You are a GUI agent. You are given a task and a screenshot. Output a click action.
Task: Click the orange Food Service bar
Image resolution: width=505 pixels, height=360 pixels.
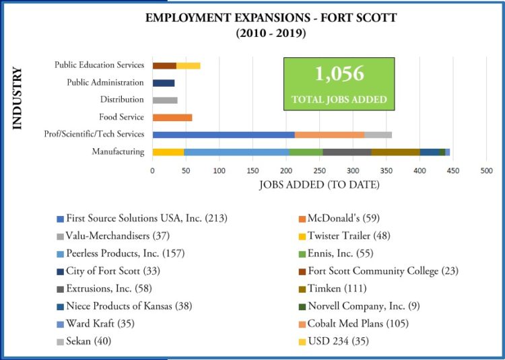click(172, 117)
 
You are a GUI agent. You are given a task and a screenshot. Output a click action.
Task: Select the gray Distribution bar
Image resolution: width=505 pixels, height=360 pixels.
click(165, 100)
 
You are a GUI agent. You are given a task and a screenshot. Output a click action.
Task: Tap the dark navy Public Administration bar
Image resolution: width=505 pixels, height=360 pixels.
click(164, 83)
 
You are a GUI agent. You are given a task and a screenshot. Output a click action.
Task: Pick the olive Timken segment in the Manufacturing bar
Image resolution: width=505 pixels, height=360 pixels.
click(395, 152)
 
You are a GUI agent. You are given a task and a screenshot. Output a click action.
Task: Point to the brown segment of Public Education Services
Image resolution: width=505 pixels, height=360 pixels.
click(164, 65)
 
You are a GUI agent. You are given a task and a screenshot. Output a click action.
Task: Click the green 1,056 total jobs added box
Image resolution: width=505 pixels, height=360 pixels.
click(339, 83)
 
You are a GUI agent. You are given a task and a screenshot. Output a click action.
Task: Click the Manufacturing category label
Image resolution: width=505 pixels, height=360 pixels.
click(118, 152)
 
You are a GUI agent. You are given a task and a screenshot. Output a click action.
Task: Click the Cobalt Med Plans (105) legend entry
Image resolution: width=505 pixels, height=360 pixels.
click(358, 324)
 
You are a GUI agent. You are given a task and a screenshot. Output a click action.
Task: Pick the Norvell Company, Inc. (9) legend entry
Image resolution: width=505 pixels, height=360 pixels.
click(364, 306)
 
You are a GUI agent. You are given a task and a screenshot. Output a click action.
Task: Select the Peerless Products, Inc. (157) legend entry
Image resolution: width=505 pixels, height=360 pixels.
click(125, 254)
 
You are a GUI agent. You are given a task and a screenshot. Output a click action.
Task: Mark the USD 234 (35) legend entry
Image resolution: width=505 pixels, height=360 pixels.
click(338, 341)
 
